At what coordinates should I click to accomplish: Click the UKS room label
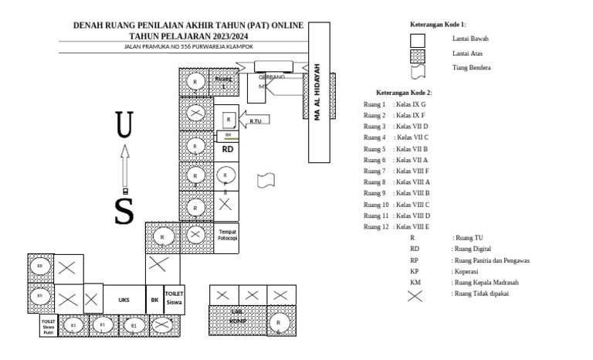(x=124, y=299)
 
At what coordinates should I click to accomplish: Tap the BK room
(x=154, y=299)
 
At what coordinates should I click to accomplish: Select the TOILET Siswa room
(x=174, y=298)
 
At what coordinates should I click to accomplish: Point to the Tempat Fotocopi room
(x=227, y=235)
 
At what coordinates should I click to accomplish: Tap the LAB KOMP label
(x=238, y=315)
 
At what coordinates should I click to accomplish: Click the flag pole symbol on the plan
(x=267, y=178)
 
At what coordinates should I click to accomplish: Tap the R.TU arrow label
(x=258, y=121)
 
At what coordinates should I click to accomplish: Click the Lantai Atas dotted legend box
(x=418, y=54)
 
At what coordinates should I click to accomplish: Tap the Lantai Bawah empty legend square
(x=418, y=39)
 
